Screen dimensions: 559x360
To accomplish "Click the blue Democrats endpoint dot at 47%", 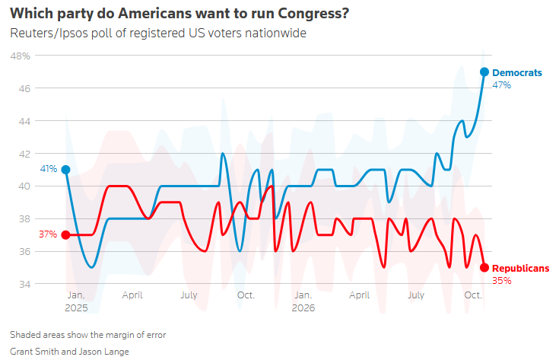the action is pyautogui.click(x=484, y=72).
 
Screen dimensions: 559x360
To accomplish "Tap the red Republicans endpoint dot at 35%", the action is pyautogui.click(x=484, y=268).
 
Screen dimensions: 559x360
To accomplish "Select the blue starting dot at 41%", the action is pyautogui.click(x=65, y=170).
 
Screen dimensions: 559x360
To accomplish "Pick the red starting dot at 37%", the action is pyautogui.click(x=65, y=234).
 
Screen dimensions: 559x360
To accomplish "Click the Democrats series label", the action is pyautogui.click(x=517, y=73).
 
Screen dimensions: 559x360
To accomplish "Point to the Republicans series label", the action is pyautogui.click(x=520, y=269).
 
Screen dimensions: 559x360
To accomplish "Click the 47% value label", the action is pyautogui.click(x=501, y=85).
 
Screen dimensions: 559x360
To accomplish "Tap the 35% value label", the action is pyautogui.click(x=501, y=281).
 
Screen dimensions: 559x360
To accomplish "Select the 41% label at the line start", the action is pyautogui.click(x=49, y=169).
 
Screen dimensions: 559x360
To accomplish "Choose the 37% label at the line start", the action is pyautogui.click(x=48, y=234).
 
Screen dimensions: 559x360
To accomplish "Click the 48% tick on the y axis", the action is pyautogui.click(x=21, y=56).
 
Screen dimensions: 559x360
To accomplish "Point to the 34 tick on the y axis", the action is pyautogui.click(x=24, y=285).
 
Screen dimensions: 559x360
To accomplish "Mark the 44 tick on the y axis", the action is pyautogui.click(x=24, y=121).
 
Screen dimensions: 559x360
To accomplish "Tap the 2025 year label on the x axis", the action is pyautogui.click(x=76, y=308).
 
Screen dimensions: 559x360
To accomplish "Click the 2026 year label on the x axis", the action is pyautogui.click(x=303, y=308).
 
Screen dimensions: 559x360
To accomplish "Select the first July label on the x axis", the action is pyautogui.click(x=189, y=295).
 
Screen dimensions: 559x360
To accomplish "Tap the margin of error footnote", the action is pyautogui.click(x=88, y=335).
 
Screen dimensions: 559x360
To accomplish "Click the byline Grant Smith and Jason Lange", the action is pyautogui.click(x=69, y=352).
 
